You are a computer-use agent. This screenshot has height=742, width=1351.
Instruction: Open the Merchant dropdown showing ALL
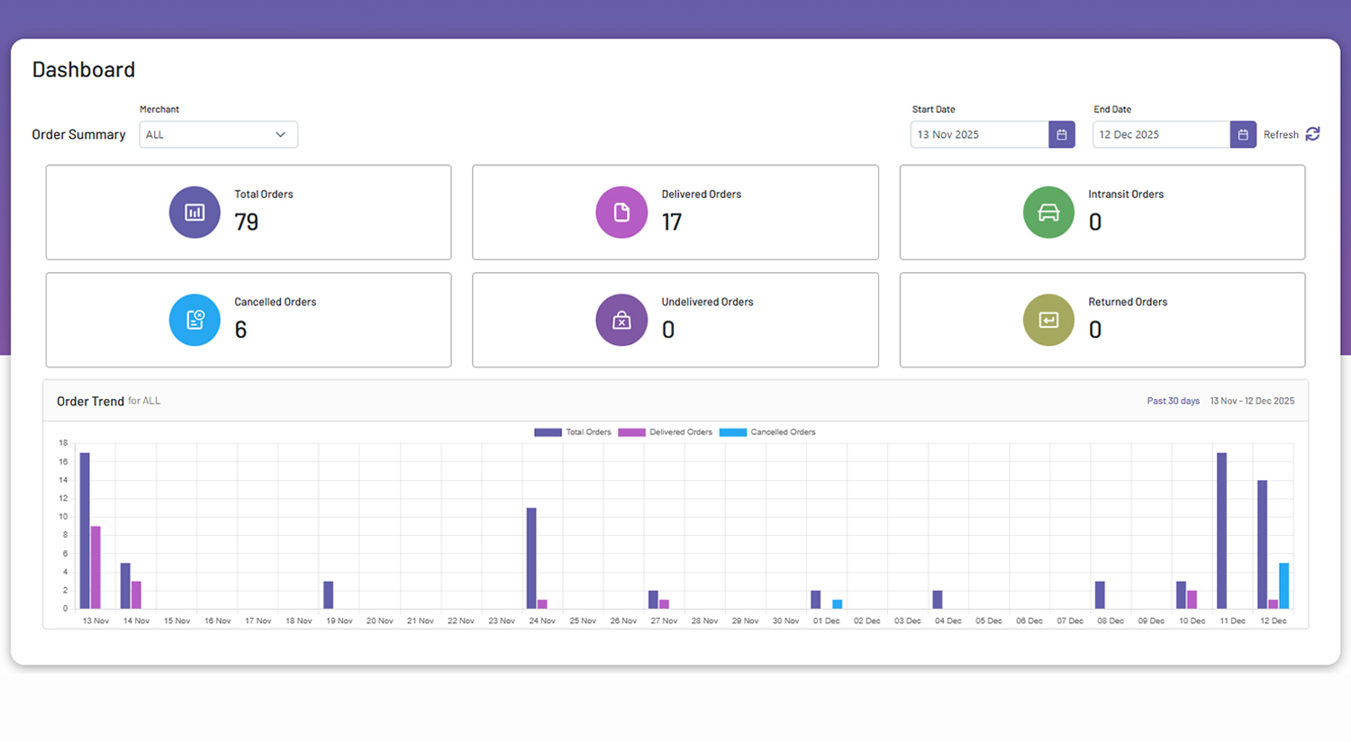click(218, 134)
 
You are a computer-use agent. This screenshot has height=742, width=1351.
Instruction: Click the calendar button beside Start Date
click(1062, 134)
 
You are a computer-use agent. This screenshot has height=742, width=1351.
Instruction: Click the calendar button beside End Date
click(1243, 134)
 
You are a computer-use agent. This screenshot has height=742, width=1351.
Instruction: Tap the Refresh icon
click(1312, 134)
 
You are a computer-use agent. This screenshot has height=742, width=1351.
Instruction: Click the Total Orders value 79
click(246, 222)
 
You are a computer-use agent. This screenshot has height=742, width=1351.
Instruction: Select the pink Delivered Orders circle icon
click(621, 213)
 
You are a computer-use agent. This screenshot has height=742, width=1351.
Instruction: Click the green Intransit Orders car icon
click(1048, 213)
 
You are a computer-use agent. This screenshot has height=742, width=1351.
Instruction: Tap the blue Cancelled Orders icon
click(195, 320)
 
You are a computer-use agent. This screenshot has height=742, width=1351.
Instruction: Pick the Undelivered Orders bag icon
click(621, 320)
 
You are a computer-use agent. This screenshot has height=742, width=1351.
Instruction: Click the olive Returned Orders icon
click(1048, 320)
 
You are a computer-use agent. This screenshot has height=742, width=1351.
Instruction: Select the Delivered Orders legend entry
click(666, 432)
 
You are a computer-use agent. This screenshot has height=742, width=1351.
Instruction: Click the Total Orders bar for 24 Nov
click(531, 558)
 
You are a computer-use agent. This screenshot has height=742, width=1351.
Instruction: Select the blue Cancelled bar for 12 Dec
click(1284, 585)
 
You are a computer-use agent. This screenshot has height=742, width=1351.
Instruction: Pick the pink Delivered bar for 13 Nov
click(95, 567)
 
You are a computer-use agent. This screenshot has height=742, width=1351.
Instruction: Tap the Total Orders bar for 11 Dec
click(1222, 531)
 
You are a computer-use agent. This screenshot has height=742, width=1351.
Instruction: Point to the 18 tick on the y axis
click(63, 443)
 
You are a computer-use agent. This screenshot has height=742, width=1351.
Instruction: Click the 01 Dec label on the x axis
click(826, 621)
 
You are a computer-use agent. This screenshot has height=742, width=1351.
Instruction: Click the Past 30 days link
click(1173, 401)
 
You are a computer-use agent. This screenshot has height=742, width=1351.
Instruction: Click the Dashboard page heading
click(84, 69)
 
